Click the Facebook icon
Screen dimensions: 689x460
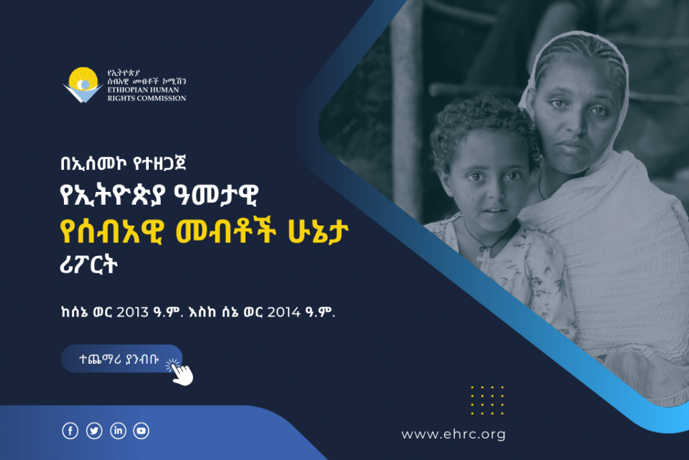tap(70, 430)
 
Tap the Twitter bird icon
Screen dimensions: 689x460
tap(94, 430)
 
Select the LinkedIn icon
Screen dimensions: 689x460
tap(118, 430)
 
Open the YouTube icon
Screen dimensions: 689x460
tap(141, 430)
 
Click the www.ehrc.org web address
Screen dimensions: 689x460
tap(454, 434)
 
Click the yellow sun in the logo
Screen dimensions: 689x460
tap(83, 79)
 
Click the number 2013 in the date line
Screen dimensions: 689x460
tap(133, 313)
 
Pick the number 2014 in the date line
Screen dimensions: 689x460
tap(284, 313)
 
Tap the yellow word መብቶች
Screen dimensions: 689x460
tap(226, 232)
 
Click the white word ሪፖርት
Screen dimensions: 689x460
tap(89, 265)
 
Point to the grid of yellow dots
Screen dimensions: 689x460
tap(487, 400)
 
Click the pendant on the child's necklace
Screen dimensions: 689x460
tap(486, 249)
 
